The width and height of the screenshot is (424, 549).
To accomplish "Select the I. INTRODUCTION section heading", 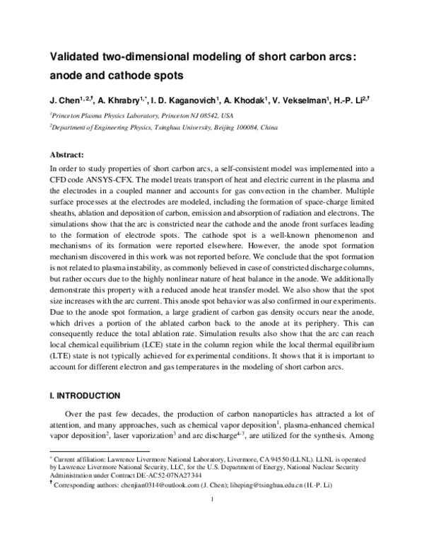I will point(83,394).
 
